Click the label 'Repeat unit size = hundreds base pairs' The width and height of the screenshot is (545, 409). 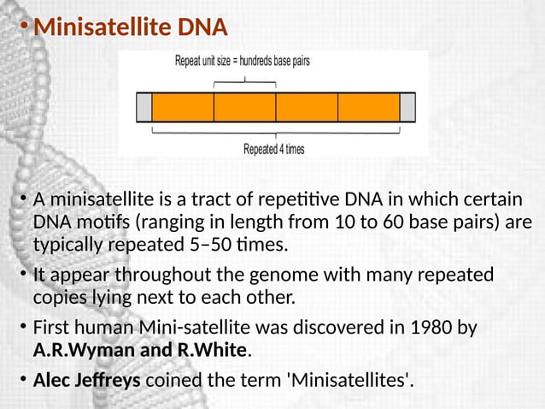point(242,62)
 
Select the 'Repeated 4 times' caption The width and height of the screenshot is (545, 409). point(273,148)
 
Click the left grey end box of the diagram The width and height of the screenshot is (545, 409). point(144,107)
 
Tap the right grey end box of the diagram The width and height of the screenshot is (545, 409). point(407,107)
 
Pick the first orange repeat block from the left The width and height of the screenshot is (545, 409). point(183,107)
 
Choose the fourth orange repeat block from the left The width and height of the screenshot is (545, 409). point(369,107)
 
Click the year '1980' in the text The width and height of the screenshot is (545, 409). point(425,329)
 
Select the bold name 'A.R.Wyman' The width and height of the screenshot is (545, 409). point(73,350)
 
